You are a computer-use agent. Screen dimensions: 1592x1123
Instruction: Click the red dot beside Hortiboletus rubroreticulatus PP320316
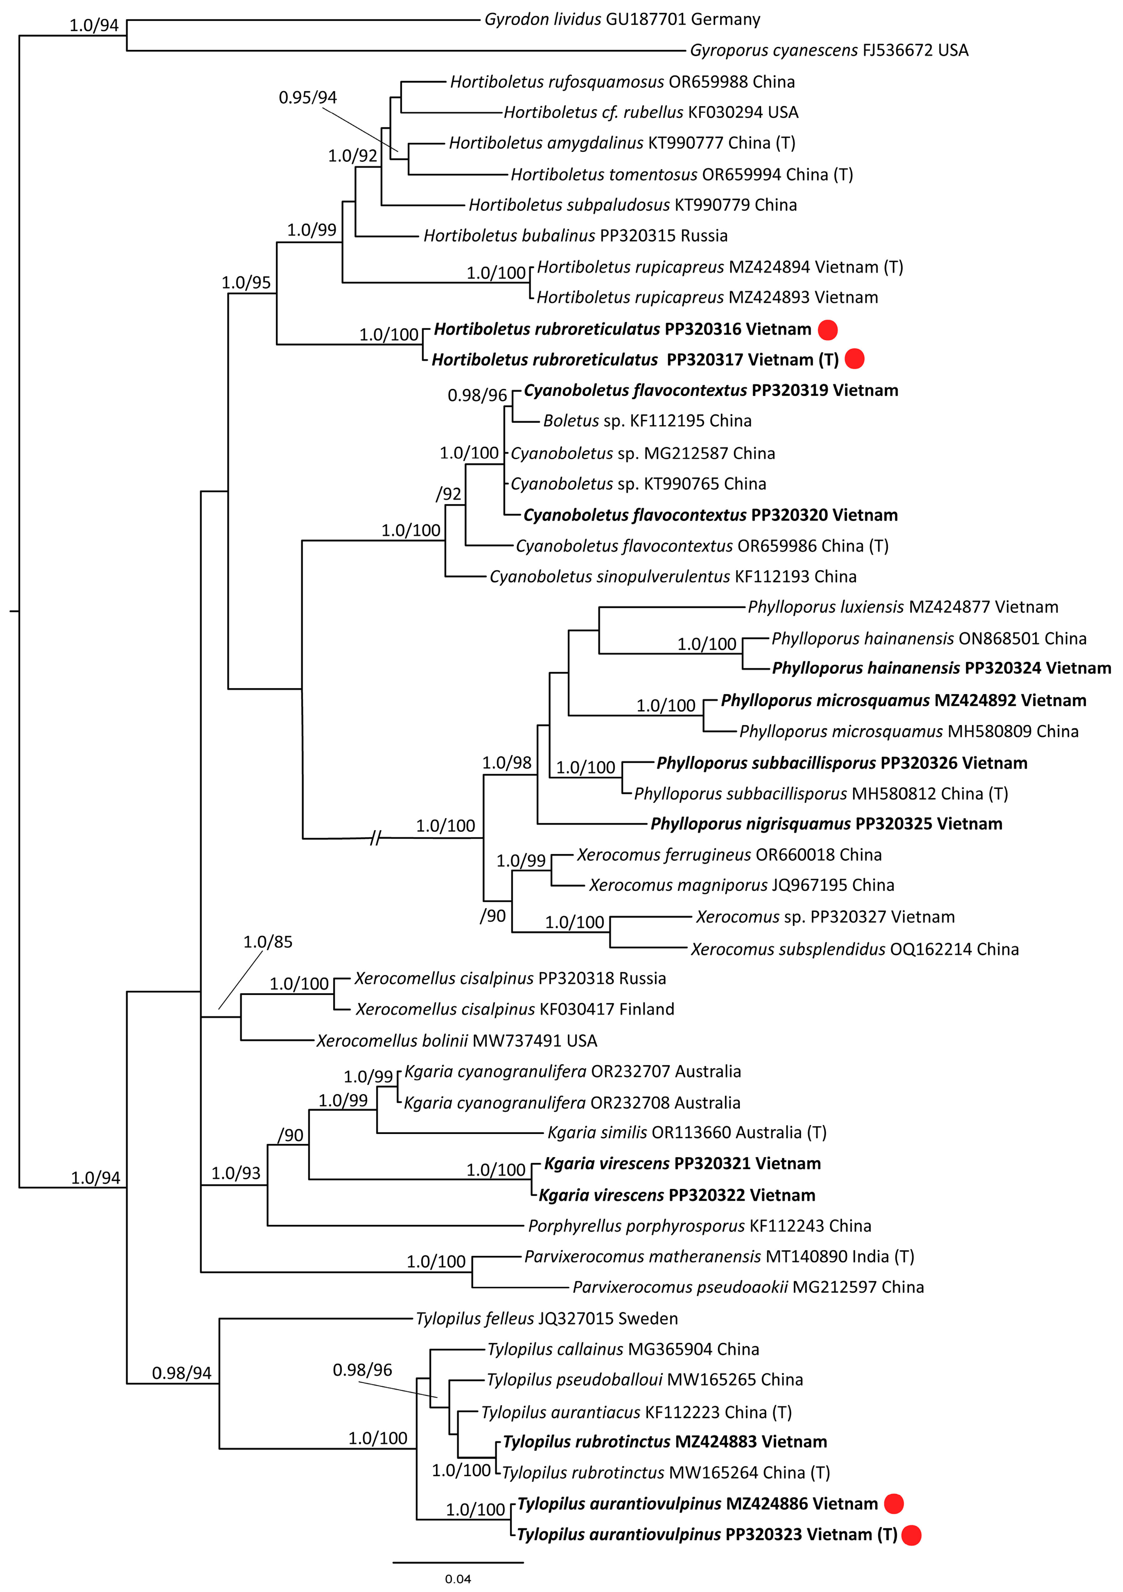click(828, 330)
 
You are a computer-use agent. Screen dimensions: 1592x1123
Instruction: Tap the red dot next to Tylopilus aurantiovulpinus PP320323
click(912, 1535)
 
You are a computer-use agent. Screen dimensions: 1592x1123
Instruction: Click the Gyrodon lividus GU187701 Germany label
click(622, 19)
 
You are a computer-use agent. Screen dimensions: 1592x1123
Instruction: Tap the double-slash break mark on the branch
click(375, 838)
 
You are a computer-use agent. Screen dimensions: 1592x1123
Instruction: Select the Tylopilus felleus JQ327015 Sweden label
click(546, 1318)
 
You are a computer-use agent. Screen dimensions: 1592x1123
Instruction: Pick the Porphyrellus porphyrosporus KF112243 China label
click(699, 1226)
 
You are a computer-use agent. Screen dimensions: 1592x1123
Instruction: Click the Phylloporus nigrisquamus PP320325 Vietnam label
click(826, 824)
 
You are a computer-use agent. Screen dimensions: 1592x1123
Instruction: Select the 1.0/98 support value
click(507, 763)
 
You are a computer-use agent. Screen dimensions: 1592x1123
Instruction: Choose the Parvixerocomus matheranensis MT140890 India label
click(719, 1256)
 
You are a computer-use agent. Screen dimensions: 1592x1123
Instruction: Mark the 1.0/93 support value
click(236, 1173)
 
